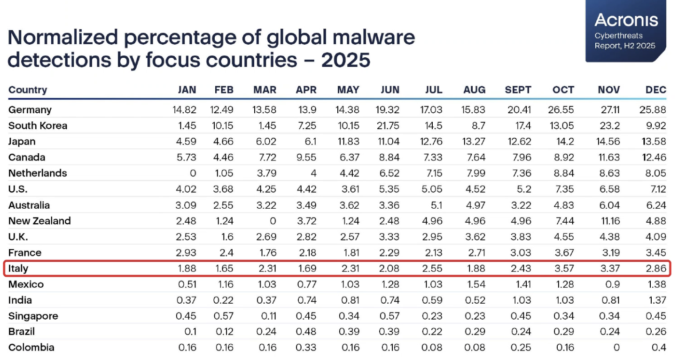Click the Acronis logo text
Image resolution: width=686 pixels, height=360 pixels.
click(x=626, y=20)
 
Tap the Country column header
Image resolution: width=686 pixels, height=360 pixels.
click(x=28, y=90)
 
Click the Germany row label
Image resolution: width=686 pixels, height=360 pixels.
click(x=30, y=110)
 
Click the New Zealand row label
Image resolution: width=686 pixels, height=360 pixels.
click(x=39, y=221)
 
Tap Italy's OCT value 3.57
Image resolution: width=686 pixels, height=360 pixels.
click(x=564, y=269)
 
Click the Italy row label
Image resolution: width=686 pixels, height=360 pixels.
click(x=18, y=269)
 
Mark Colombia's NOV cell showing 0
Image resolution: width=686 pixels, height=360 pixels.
click(x=616, y=348)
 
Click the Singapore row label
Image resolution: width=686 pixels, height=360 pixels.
click(x=33, y=316)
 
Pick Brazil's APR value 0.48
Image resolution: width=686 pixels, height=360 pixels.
click(x=307, y=332)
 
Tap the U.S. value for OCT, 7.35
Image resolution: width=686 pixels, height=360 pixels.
click(x=564, y=189)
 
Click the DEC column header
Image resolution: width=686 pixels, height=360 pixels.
click(x=656, y=90)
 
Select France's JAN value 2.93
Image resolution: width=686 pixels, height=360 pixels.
click(x=187, y=253)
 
